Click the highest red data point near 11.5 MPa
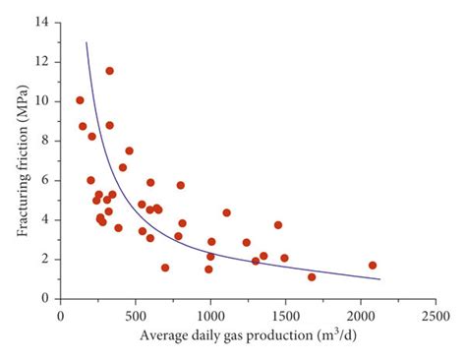click(109, 71)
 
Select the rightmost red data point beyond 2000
click(373, 265)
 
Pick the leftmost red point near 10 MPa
click(80, 100)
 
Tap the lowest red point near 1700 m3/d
click(312, 276)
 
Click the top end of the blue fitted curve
click(87, 42)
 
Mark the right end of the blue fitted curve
click(379, 279)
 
